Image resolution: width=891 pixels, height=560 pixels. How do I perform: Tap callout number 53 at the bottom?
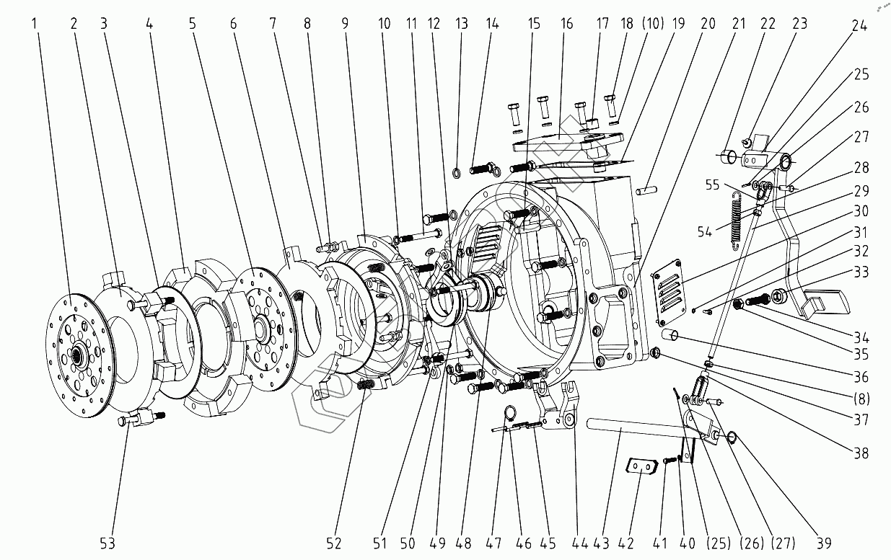(x=107, y=543)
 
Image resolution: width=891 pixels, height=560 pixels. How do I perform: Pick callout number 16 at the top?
(x=567, y=22)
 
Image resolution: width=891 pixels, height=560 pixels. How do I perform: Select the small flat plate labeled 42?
(x=641, y=467)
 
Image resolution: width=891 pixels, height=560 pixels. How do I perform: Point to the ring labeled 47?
(x=509, y=413)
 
